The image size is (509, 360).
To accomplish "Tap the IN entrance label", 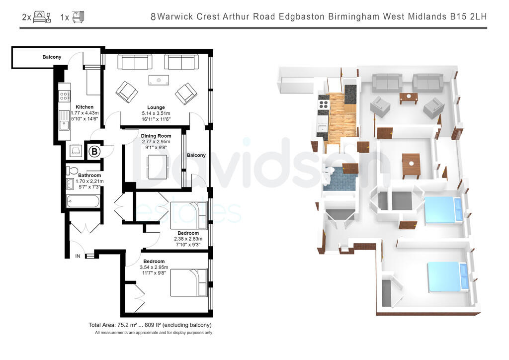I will [x=78, y=256].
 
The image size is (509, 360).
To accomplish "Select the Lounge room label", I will [x=156, y=107].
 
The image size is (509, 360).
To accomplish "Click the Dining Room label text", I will [x=156, y=136].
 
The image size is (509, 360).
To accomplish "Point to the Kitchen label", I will [x=85, y=107].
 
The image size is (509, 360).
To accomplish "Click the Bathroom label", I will [x=89, y=175].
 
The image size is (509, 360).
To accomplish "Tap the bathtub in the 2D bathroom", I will [x=83, y=202].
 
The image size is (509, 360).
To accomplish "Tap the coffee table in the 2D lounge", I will [x=159, y=80].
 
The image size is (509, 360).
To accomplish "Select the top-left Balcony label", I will [x=52, y=57].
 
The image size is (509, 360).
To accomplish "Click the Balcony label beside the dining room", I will [x=196, y=155].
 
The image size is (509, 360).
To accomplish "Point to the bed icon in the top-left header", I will [x=42, y=17].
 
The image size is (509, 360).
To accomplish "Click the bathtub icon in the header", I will [x=78, y=17].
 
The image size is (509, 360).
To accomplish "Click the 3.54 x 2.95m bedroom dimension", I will [x=154, y=267].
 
